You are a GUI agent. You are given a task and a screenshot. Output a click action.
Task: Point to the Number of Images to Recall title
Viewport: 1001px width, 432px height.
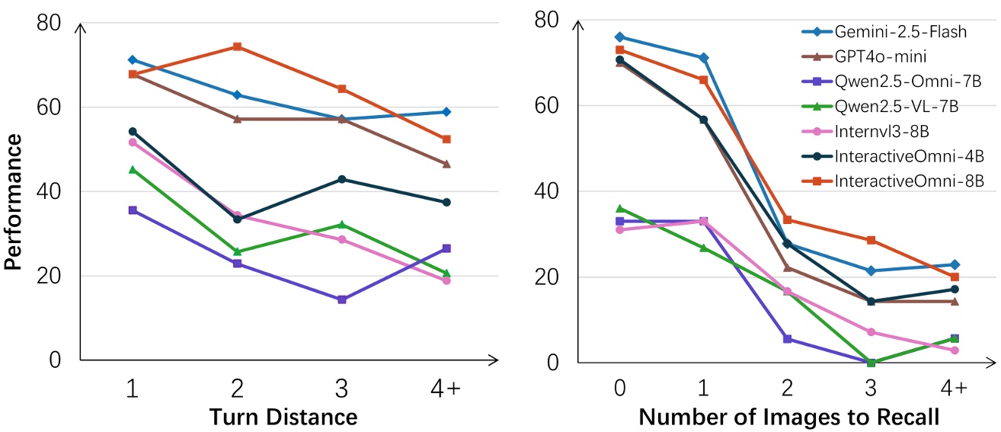(x=788, y=417)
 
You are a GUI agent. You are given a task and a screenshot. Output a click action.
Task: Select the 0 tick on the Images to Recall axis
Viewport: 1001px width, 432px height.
(x=619, y=389)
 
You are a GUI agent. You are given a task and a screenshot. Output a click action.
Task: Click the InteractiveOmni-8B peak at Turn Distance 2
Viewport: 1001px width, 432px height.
(x=237, y=46)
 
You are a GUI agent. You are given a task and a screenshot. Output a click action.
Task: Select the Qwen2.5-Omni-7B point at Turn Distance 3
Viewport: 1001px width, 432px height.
(x=341, y=299)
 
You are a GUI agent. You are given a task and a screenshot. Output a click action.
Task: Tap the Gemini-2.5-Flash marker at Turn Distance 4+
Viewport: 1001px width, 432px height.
(x=446, y=112)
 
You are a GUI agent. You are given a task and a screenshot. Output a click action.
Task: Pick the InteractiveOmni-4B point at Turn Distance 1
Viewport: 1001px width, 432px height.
(x=133, y=131)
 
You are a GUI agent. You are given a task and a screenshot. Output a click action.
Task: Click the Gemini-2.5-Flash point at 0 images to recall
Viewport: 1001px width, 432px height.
(x=619, y=37)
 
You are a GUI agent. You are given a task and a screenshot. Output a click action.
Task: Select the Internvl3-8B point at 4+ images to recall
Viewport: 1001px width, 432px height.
(x=954, y=350)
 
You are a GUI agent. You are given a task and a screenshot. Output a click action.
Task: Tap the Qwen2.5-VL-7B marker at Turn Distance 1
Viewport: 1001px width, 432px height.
(x=133, y=169)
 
